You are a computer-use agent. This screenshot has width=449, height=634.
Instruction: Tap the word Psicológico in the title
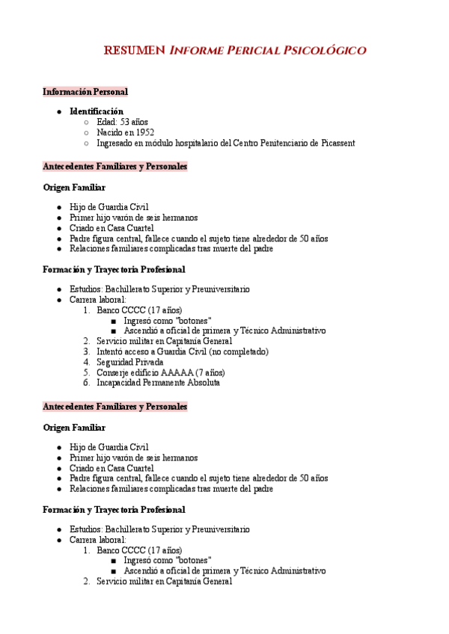tap(326, 51)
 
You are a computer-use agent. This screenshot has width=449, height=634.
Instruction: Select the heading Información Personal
tap(85, 92)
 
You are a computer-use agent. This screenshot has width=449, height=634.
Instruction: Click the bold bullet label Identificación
tap(97, 111)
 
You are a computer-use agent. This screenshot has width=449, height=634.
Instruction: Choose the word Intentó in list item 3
tap(111, 351)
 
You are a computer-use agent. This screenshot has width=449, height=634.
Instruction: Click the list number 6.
tap(86, 383)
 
